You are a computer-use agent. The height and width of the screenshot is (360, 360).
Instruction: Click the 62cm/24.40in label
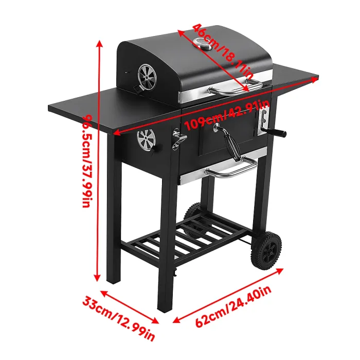tap(233, 308)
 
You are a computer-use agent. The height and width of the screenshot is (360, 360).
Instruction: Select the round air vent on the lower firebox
tap(147, 140)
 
